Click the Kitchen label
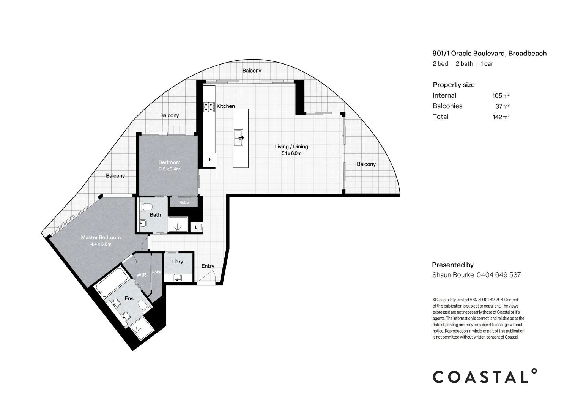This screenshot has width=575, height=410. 225,106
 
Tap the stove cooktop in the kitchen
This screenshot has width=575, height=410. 209,106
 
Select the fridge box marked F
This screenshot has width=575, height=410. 210,160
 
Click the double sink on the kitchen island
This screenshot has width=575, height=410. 238,137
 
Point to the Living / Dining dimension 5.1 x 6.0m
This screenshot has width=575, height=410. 291,153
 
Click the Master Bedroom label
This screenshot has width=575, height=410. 101,237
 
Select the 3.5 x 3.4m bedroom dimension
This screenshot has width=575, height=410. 169,169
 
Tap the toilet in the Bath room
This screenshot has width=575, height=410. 147,207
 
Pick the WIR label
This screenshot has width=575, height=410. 141,275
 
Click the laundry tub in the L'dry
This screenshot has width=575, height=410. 178,278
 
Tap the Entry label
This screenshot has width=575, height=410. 208,266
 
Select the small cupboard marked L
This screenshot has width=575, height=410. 196,227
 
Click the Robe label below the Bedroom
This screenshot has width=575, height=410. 184,202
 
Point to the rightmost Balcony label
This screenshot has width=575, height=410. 366,164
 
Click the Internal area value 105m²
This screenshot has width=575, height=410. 501,96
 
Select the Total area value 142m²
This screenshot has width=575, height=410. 501,117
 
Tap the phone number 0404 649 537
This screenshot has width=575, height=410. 499,275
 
